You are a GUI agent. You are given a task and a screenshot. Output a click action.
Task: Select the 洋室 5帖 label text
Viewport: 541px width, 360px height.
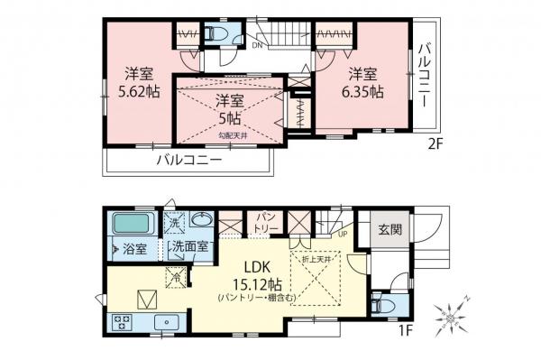(x=229, y=108)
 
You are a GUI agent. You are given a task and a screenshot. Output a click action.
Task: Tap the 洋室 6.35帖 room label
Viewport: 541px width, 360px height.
(x=362, y=80)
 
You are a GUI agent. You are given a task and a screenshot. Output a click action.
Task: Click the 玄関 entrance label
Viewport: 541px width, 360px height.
(x=390, y=230)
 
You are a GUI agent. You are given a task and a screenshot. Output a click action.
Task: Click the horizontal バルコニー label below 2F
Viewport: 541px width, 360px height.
(x=188, y=162)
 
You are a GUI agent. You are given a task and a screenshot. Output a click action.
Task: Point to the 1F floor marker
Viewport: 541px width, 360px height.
(x=407, y=331)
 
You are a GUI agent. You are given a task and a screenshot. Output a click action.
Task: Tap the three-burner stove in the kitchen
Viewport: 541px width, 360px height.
(x=121, y=322)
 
